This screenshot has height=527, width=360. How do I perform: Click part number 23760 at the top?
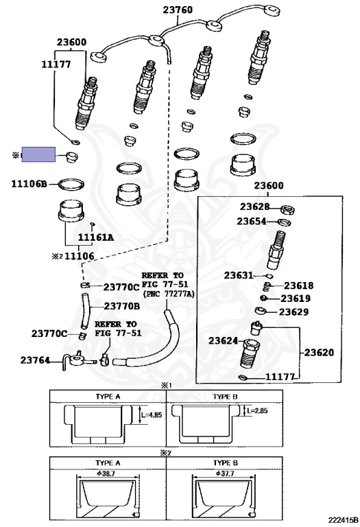coord(178,10)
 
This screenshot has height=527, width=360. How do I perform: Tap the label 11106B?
coord(29,184)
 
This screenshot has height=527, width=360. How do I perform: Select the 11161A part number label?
coord(96,237)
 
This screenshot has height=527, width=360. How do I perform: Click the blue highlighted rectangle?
coord(38,154)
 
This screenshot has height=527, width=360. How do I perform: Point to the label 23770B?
coord(122,306)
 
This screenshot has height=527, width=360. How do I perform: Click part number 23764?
coord(35,360)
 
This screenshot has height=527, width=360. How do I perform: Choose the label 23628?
coord(254,207)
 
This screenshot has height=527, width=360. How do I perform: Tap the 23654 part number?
coord(252,221)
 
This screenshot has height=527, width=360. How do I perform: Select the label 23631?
coord(239,275)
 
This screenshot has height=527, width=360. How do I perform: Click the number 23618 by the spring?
coord(298,285)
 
